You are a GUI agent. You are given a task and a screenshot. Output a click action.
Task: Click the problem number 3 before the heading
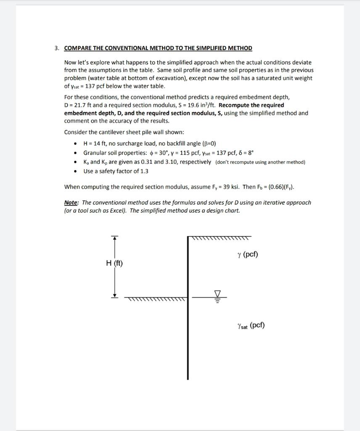(56, 48)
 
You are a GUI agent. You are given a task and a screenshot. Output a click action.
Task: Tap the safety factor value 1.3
(144, 171)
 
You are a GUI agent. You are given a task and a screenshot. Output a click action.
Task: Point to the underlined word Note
(71, 202)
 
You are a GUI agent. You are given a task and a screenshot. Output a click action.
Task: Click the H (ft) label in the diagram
(114, 263)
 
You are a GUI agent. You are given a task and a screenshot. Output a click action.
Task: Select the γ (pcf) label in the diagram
(247, 255)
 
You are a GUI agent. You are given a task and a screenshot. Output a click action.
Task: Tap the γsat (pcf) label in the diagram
(251, 325)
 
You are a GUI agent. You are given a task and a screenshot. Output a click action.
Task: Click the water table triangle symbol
(217, 293)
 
